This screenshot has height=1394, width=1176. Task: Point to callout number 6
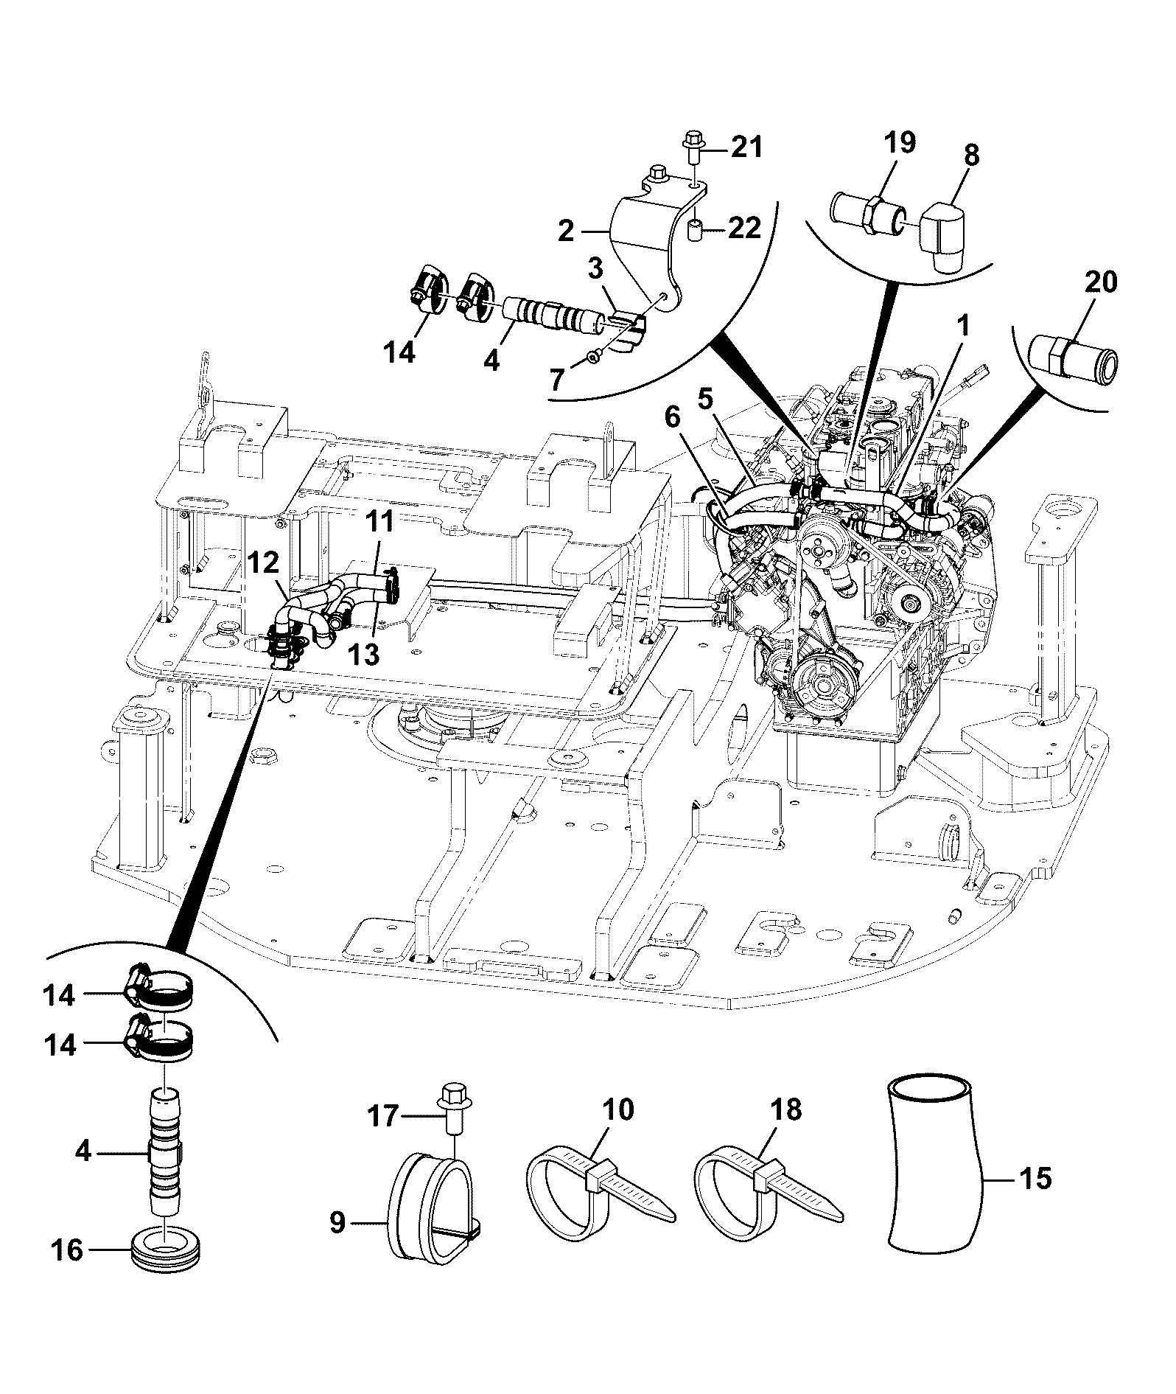click(672, 417)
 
